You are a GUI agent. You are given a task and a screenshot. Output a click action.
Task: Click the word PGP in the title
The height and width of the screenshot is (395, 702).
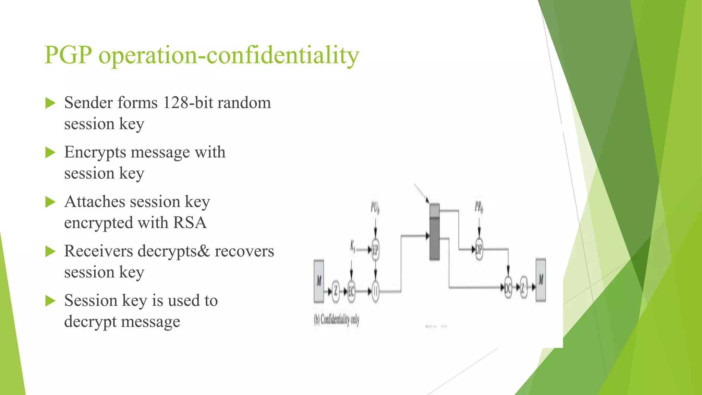coord(68,55)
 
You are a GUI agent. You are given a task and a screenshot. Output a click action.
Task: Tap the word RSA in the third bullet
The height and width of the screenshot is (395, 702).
coord(190,223)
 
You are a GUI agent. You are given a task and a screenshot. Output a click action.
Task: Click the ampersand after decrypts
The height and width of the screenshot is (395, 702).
coord(203,251)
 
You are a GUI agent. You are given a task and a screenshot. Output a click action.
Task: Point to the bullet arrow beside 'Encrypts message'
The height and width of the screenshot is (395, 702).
coord(50,153)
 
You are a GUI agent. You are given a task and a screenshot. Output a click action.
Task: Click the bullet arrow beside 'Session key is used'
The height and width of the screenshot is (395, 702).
coord(50,301)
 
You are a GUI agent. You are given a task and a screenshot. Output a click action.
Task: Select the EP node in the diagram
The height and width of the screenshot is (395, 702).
coord(375,250)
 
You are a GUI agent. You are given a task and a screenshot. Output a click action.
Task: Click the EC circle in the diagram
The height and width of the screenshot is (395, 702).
coord(351,291)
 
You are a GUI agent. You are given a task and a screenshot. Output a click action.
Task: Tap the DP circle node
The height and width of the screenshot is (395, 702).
coord(479,249)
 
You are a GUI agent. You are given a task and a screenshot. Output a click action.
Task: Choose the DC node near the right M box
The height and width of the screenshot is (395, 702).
coord(508,288)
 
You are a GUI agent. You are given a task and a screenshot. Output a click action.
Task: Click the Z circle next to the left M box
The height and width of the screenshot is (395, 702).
coord(336,291)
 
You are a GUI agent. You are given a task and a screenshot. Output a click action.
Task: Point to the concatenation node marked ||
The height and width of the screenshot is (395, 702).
coord(375,291)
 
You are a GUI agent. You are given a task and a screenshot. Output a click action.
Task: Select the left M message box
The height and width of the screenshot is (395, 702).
coord(319,281)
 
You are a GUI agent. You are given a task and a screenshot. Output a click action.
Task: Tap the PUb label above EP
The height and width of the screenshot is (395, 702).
coord(375,207)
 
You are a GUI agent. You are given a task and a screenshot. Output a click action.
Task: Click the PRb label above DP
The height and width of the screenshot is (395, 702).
coord(479,207)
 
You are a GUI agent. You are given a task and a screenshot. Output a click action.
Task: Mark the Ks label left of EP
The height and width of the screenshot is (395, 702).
coord(353,246)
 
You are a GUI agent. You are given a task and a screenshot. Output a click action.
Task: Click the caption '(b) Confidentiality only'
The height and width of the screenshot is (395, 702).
coord(337,320)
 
